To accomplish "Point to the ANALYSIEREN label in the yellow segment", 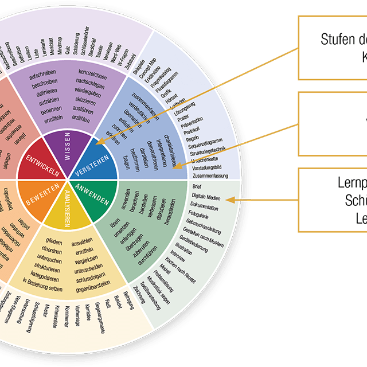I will (67, 209).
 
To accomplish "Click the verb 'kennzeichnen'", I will (94, 75).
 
